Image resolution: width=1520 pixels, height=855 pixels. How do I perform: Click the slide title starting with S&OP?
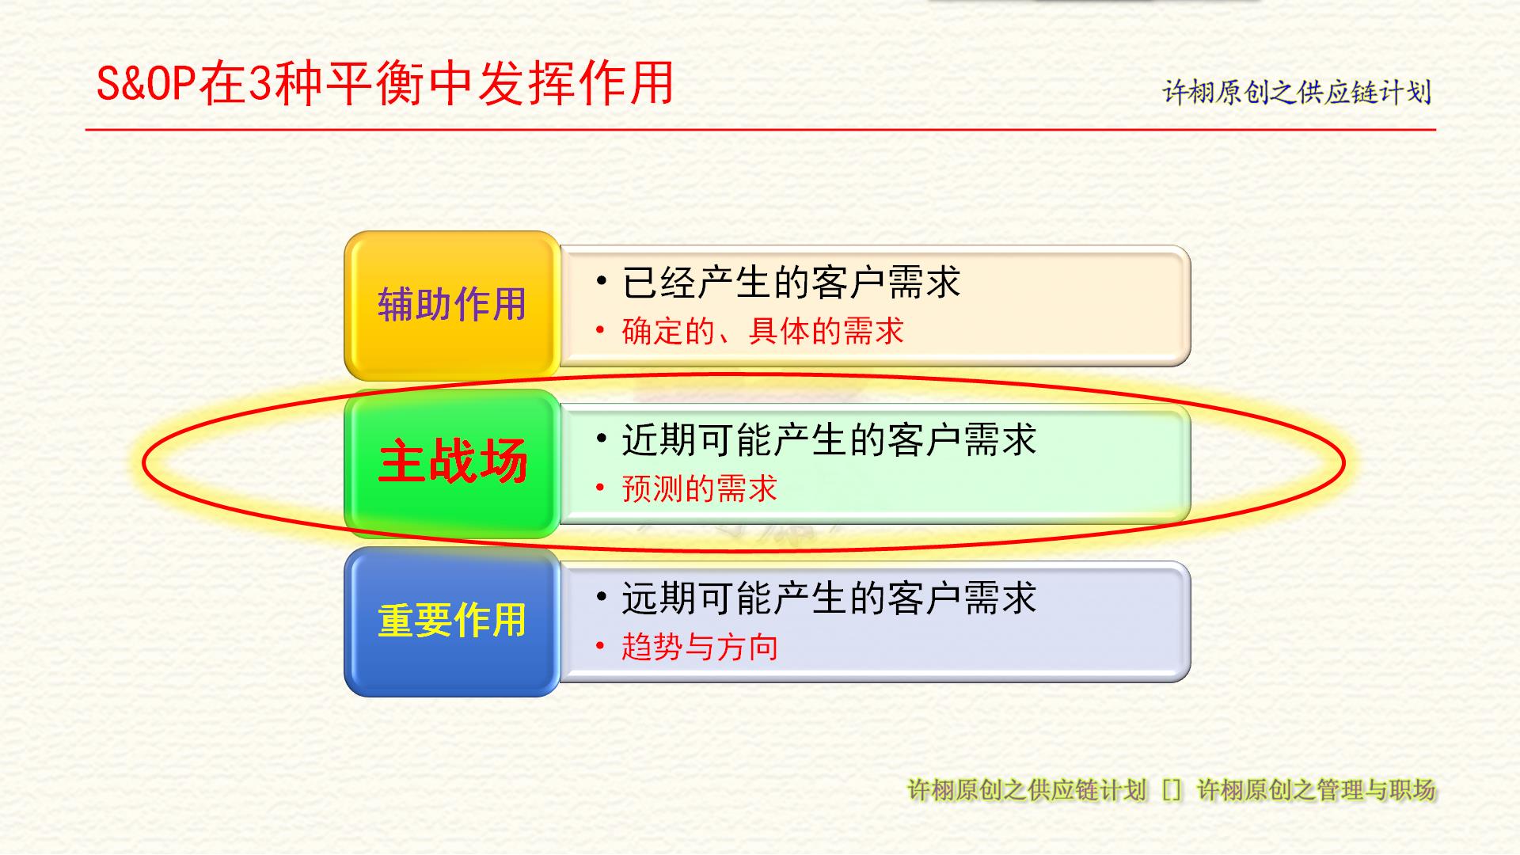(x=385, y=83)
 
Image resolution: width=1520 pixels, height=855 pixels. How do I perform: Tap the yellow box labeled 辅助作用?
(x=452, y=306)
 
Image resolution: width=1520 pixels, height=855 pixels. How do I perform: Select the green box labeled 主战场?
(x=452, y=463)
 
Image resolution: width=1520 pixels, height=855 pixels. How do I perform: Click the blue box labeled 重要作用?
(x=452, y=621)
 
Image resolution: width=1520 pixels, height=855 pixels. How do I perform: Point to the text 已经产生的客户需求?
(x=791, y=283)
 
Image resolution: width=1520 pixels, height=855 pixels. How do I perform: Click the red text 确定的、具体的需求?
(x=762, y=331)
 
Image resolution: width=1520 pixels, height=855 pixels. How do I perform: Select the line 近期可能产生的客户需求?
(x=829, y=440)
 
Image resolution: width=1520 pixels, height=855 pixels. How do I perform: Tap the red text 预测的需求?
(x=699, y=488)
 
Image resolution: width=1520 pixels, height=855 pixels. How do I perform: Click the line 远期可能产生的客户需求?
(x=829, y=598)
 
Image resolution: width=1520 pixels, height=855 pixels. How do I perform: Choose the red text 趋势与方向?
(x=699, y=647)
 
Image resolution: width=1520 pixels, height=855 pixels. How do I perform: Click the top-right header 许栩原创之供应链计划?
(x=1297, y=92)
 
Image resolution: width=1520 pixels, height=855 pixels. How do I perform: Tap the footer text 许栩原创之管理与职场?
(x=1316, y=789)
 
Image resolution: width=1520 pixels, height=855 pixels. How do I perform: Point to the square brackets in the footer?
(x=1172, y=790)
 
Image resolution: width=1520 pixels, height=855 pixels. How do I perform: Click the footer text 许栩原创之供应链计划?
(x=1027, y=789)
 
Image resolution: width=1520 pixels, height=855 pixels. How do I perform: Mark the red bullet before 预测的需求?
(x=600, y=487)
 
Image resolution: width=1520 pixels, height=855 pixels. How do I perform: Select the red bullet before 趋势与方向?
(x=600, y=645)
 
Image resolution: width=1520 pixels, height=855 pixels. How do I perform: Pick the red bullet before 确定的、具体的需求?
(x=600, y=329)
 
